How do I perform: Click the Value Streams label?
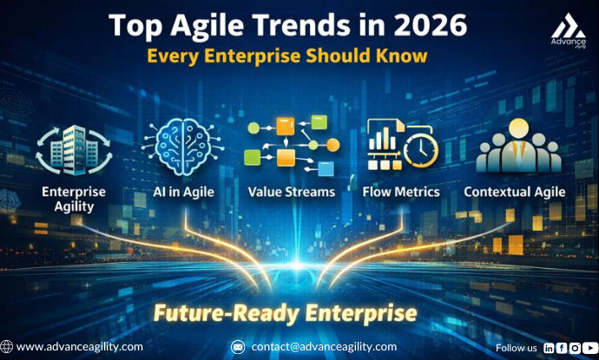[x=291, y=192]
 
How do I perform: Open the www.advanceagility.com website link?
[x=80, y=347]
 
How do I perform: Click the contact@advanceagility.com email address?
[x=324, y=347]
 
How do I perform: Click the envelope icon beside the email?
[x=238, y=347]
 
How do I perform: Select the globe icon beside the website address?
[x=7, y=347]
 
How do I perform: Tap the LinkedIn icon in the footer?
[x=549, y=348]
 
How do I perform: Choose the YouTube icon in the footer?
[x=589, y=348]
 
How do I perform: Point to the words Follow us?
[x=516, y=348]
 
